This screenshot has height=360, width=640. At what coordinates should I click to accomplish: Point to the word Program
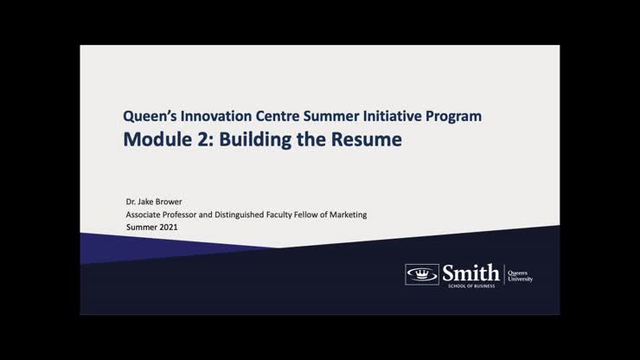click(455, 115)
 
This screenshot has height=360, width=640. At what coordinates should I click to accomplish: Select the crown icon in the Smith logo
click(421, 273)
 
